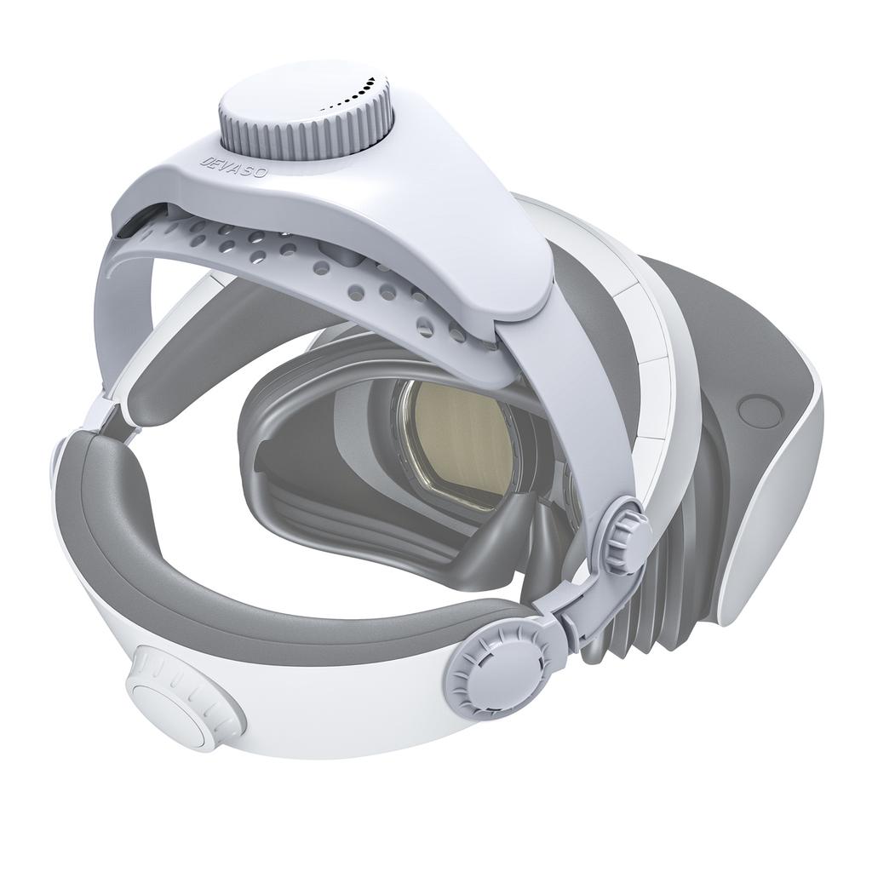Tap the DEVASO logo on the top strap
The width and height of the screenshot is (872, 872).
click(x=233, y=164)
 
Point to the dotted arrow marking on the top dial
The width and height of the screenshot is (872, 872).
click(x=353, y=95)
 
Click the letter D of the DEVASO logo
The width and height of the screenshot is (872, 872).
click(x=204, y=158)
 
